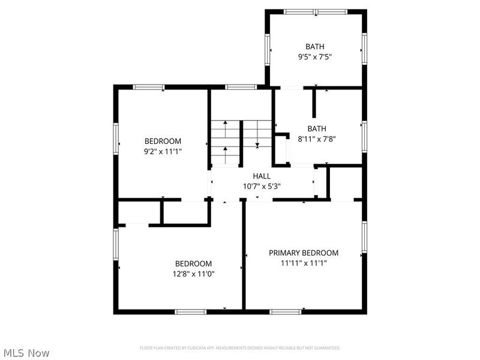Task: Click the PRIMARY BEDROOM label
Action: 303,253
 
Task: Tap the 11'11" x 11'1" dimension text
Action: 303,263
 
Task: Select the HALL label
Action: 261,176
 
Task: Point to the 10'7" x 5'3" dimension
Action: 261,186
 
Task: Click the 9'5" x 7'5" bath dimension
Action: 315,57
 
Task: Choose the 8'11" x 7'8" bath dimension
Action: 317,139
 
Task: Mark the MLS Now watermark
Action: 26,353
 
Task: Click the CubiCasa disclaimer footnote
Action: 240,348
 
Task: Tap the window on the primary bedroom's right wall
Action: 364,237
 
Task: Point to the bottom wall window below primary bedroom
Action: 285,311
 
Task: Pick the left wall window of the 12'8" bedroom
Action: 116,244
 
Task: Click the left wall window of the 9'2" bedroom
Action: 116,138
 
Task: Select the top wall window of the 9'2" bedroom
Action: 149,87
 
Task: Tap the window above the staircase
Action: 241,87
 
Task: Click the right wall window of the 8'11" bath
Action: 364,136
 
